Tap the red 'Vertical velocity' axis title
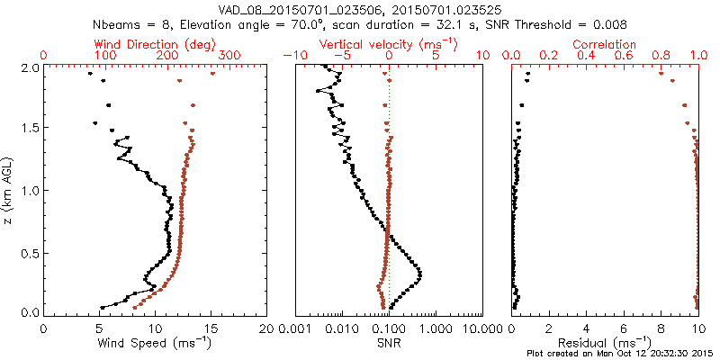(389, 44)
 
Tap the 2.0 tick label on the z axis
(29, 68)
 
